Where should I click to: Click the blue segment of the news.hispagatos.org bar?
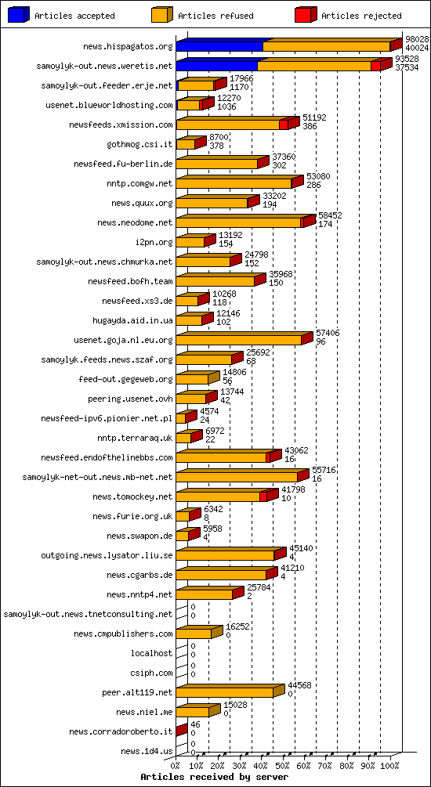(x=219, y=46)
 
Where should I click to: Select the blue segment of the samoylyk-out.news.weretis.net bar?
(x=216, y=66)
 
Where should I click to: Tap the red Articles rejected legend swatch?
(x=305, y=15)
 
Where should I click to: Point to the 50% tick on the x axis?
(x=283, y=766)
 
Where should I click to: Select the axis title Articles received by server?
(x=214, y=777)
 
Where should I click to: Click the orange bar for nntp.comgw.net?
(x=234, y=183)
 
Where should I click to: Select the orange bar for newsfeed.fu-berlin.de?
(x=217, y=164)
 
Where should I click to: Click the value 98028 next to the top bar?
(x=416, y=39)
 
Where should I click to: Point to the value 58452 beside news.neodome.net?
(x=330, y=215)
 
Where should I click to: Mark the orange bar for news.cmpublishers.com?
(x=194, y=634)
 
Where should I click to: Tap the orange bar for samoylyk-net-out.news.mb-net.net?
(x=237, y=477)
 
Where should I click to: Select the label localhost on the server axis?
(x=151, y=653)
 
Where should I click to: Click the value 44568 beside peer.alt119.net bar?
(x=299, y=685)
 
